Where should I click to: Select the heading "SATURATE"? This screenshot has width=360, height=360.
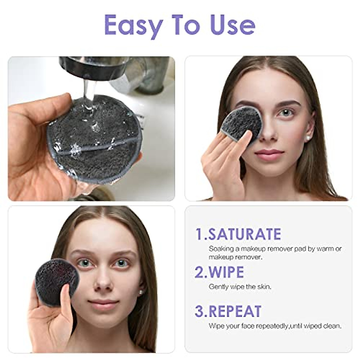tap(245, 234)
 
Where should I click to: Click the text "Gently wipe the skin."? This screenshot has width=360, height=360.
tap(240, 286)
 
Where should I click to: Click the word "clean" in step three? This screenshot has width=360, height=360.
tap(333, 325)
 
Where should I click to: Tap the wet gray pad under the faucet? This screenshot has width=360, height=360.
tap(87, 138)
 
